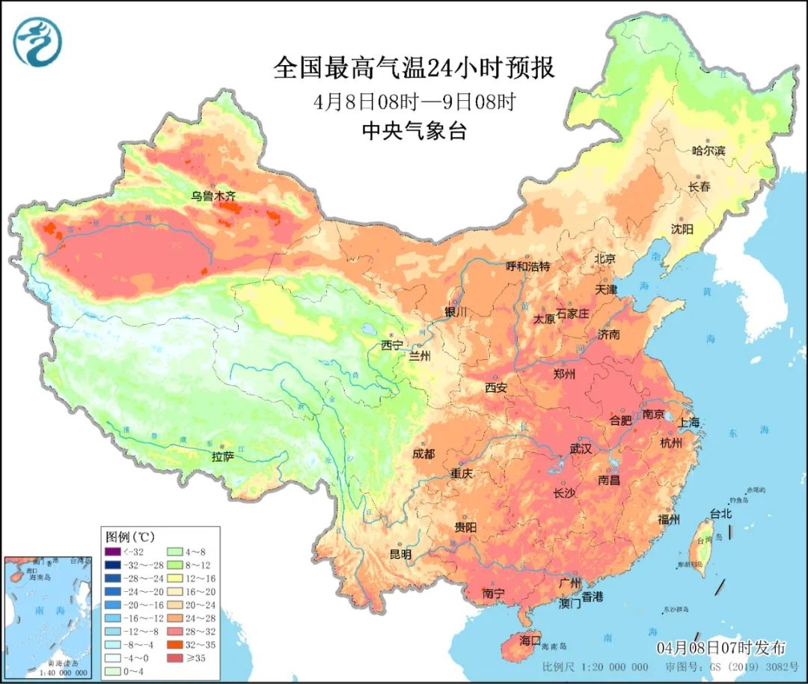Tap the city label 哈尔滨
(x=708, y=150)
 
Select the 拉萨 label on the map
(x=223, y=456)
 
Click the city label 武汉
(x=581, y=449)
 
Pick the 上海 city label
(x=689, y=423)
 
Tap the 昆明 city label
(x=400, y=555)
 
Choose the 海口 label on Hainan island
(x=530, y=641)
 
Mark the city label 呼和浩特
(x=527, y=266)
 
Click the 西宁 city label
(x=391, y=345)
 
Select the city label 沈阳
(x=682, y=228)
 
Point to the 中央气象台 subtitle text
(x=414, y=132)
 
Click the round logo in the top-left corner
(x=37, y=41)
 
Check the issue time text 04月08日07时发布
(x=721, y=647)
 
